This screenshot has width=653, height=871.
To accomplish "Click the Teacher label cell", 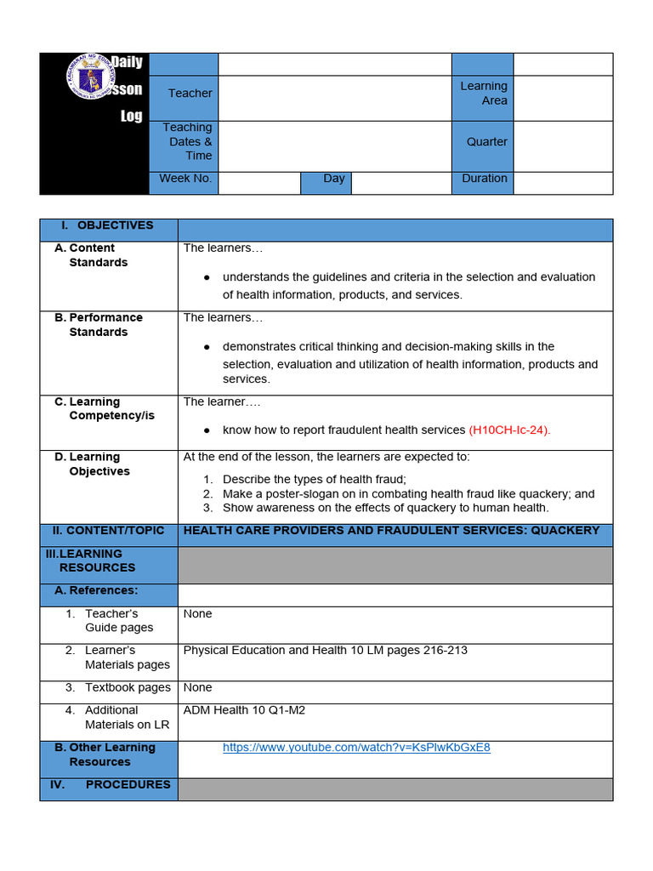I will click(190, 94).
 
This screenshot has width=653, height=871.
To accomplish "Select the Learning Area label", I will click(483, 94).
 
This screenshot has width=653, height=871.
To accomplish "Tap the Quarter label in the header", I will click(486, 142).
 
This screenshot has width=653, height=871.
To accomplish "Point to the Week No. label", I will click(186, 179).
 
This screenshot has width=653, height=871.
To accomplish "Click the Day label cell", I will click(333, 179).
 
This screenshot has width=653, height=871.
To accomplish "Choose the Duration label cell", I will click(484, 179).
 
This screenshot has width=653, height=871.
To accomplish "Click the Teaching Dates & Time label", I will click(189, 142).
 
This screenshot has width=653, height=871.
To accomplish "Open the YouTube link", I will click(356, 748).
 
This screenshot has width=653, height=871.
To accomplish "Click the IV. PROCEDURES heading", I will click(110, 784).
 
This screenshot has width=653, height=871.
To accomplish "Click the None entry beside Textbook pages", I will click(197, 687).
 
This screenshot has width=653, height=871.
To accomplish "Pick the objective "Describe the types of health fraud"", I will click(314, 479).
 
